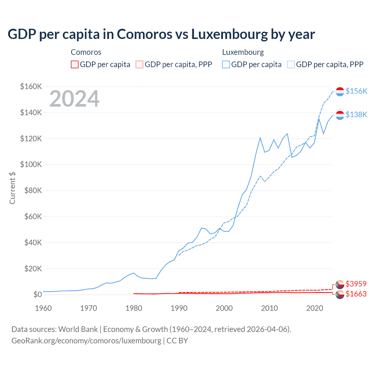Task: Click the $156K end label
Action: coord(356,91)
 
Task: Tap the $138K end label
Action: coord(356,115)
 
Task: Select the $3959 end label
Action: coord(356,284)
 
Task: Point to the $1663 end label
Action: coord(356,294)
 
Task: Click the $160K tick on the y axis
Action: coord(31,87)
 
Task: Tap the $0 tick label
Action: coord(37,294)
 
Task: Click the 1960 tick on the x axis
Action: coord(43,308)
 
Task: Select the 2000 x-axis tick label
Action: coord(224,308)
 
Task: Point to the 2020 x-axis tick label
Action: coord(315,308)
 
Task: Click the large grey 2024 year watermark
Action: coord(74,99)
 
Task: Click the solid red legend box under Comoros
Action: coord(75,64)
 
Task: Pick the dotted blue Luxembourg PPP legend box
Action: coord(291,64)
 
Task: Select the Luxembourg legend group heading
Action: coord(243,52)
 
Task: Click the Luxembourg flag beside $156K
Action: coord(340,91)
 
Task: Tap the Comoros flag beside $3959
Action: coord(340,284)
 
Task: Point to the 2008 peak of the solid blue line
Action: coord(260,138)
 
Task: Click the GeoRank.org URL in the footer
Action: coord(86,341)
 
